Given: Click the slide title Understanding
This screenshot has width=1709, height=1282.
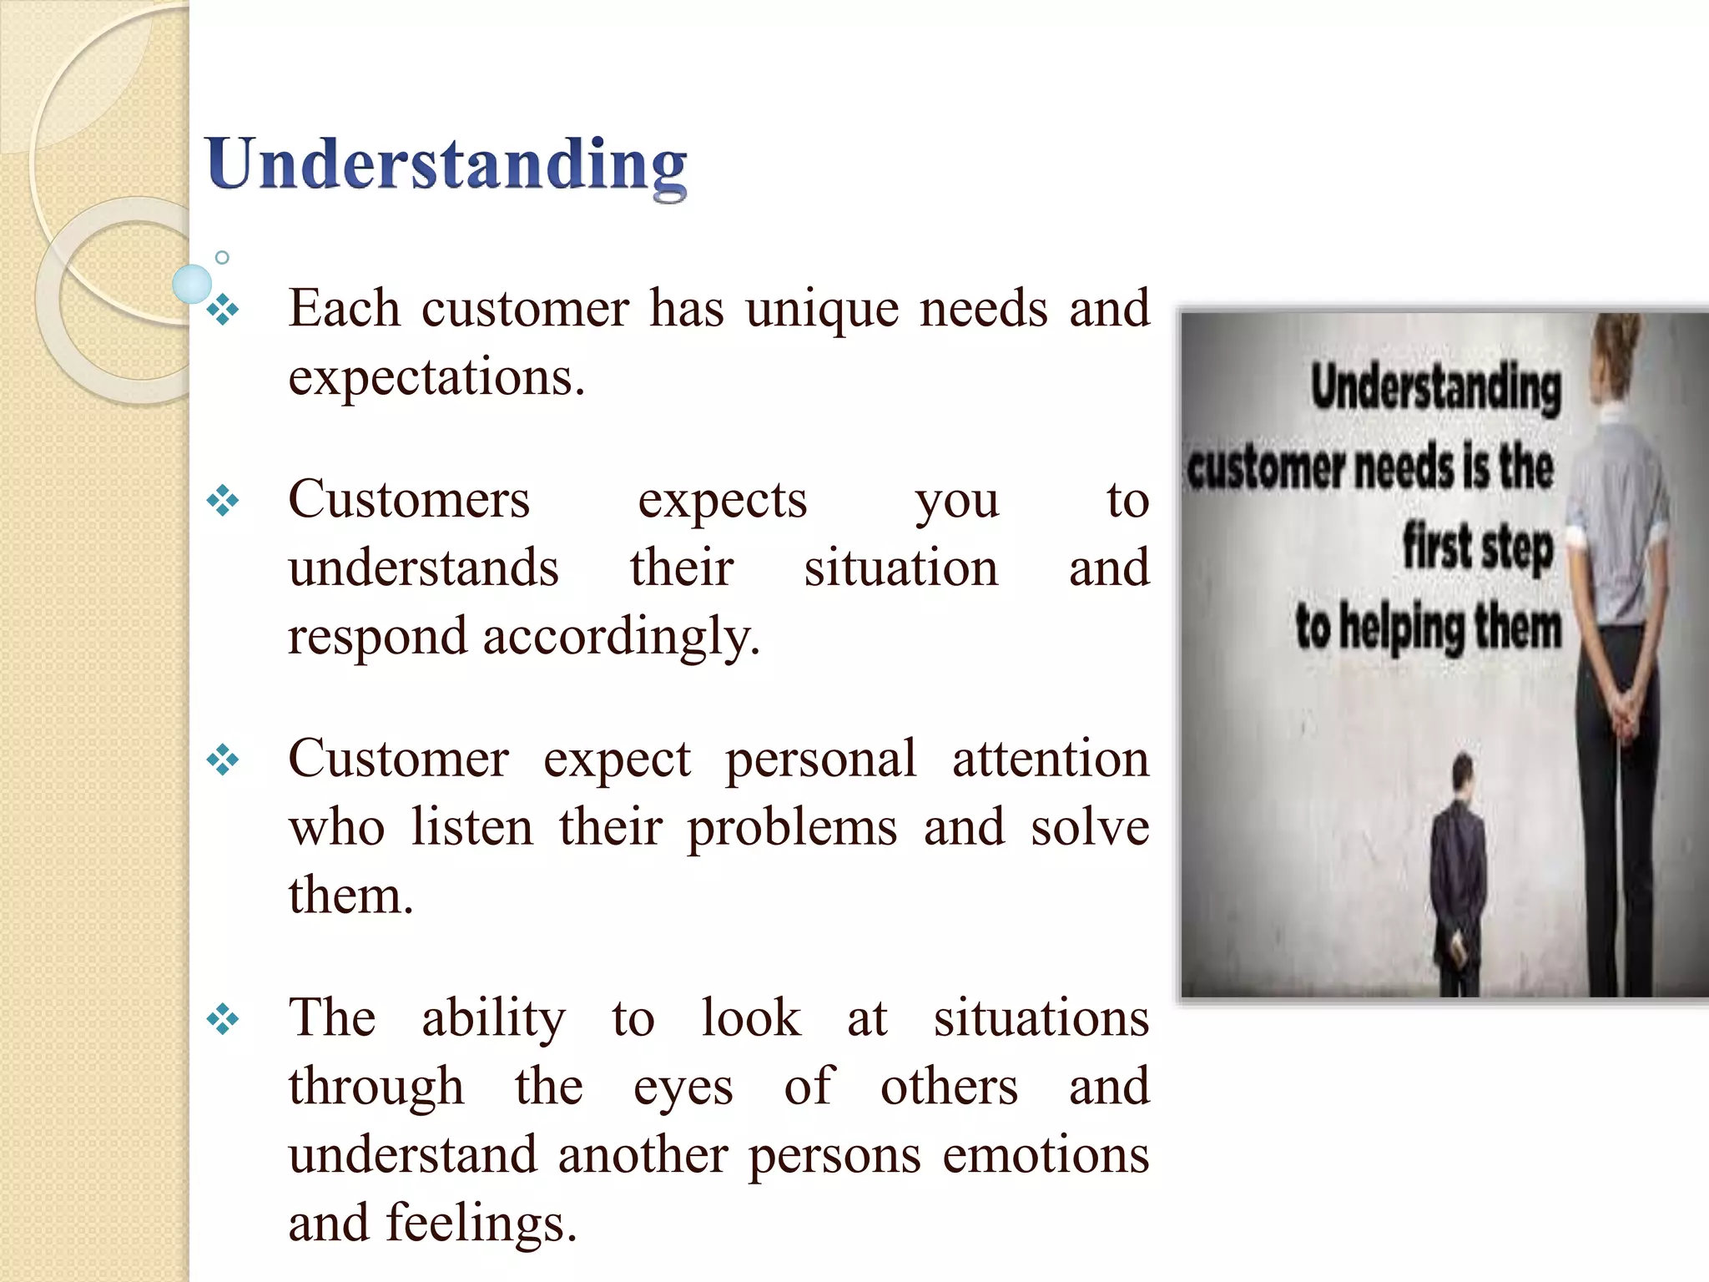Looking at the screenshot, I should click(x=446, y=165).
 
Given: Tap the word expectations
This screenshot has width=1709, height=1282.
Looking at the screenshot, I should click(x=436, y=377).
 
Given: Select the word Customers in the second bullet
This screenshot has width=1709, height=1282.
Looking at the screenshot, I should click(x=409, y=501).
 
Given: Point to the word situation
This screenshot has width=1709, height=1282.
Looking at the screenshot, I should click(x=901, y=568).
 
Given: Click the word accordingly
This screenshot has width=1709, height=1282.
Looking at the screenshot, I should click(x=621, y=638).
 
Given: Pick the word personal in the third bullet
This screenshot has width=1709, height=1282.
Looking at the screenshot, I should click(x=821, y=760).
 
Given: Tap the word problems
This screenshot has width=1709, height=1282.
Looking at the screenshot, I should click(x=792, y=829).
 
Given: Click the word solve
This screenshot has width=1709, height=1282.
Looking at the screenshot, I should click(x=1090, y=828).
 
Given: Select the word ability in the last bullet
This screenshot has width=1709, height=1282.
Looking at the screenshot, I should click(x=493, y=1019).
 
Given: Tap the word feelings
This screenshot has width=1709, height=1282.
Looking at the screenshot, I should click(x=481, y=1224).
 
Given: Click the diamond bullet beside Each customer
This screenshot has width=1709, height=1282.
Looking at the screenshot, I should click(x=223, y=310).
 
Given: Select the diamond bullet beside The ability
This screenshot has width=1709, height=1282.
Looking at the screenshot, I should click(x=223, y=1019).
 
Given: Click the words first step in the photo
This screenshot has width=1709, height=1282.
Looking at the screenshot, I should click(x=1477, y=548).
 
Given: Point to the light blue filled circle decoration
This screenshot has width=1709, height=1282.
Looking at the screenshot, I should click(x=193, y=284).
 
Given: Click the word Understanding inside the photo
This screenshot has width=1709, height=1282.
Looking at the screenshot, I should click(x=1435, y=388).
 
